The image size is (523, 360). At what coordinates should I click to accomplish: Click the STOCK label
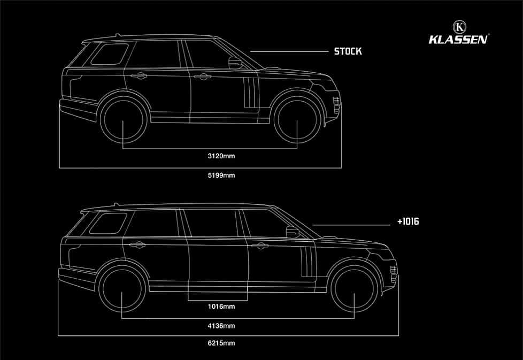click(348, 51)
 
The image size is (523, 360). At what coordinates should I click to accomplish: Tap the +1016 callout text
click(408, 220)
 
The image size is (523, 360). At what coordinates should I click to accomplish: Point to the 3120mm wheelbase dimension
click(221, 157)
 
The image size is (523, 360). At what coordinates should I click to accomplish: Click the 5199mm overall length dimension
click(221, 175)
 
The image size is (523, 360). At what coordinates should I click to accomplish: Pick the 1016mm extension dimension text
click(221, 307)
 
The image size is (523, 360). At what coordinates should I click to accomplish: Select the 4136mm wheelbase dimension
click(221, 325)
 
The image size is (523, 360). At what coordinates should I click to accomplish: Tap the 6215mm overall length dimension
click(221, 343)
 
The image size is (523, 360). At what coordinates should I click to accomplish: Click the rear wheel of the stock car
click(124, 119)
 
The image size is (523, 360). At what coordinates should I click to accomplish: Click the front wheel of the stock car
click(297, 119)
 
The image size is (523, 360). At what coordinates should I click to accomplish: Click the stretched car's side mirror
click(293, 232)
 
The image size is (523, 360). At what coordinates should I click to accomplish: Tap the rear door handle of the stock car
click(139, 76)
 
